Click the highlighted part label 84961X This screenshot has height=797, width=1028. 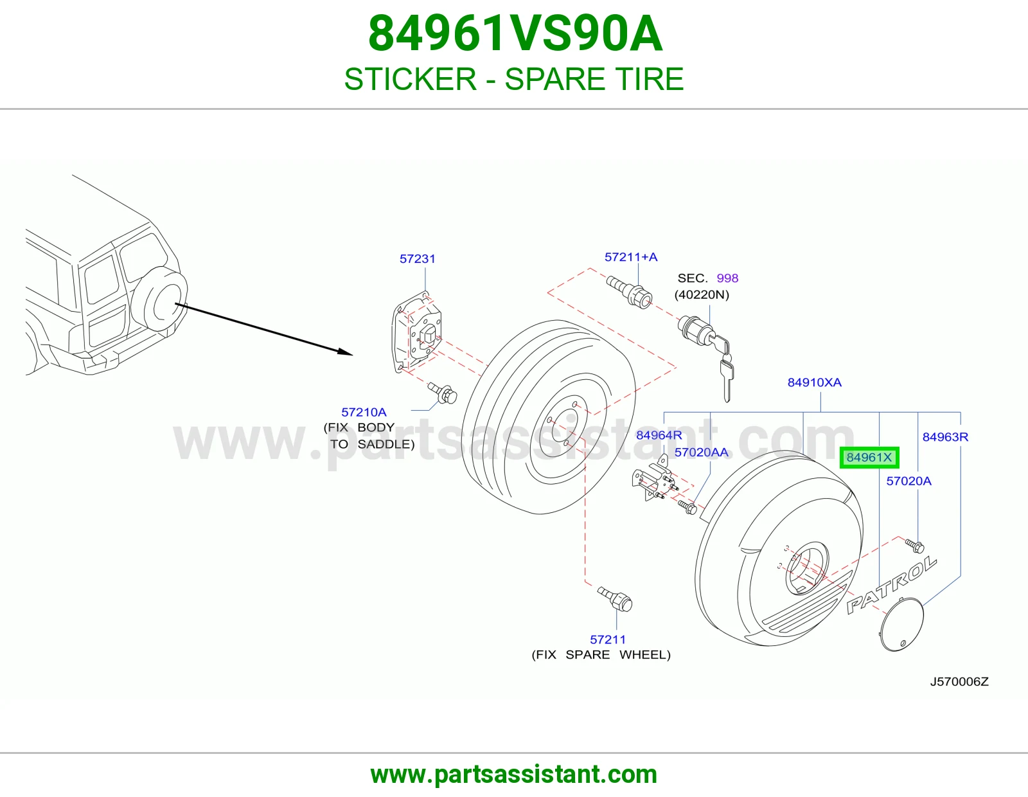[869, 458]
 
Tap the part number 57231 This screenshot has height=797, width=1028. [417, 259]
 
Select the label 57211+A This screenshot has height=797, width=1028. [631, 257]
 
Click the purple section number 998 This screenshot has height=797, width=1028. [727, 278]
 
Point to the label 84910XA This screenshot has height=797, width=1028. [814, 382]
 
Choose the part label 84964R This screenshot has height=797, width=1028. [659, 435]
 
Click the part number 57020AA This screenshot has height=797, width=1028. [701, 452]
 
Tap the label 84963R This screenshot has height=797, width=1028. [945, 437]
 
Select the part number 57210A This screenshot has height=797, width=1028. [364, 412]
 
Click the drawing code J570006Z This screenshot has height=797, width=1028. [959, 681]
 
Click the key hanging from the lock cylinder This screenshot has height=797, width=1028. [725, 379]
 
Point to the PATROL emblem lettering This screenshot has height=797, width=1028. [891, 585]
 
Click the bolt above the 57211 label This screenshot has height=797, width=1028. [614, 599]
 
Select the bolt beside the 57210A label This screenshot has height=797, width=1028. [442, 393]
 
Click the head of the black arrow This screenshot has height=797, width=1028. [346, 352]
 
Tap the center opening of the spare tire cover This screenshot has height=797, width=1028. [806, 568]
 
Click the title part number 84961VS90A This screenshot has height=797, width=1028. [515, 33]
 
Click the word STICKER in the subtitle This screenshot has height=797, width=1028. [410, 79]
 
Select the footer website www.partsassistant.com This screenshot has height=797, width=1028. [514, 775]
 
